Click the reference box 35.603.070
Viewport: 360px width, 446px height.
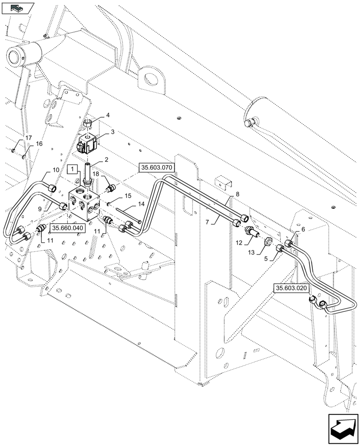click(156, 167)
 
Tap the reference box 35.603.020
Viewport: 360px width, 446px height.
click(291, 289)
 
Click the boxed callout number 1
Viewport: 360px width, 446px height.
click(72, 169)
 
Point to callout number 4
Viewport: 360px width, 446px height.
click(107, 116)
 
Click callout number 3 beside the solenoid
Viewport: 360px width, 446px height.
click(113, 132)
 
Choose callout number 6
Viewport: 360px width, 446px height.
click(303, 229)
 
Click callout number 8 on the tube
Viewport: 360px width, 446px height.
click(237, 194)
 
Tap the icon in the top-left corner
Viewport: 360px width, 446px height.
click(18, 8)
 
